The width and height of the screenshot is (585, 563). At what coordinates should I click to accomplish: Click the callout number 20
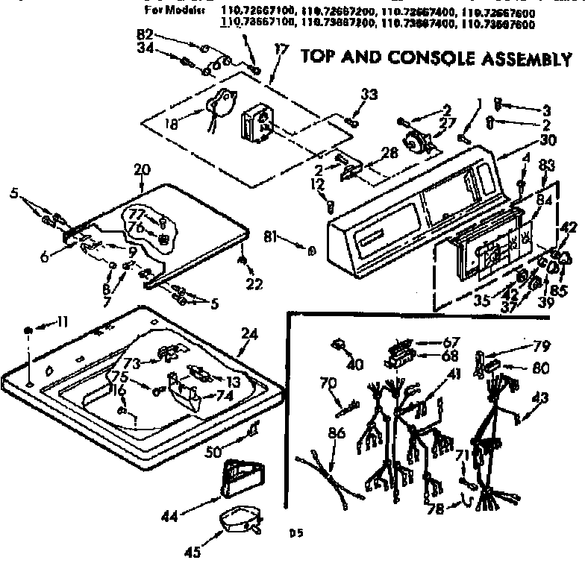click(142, 170)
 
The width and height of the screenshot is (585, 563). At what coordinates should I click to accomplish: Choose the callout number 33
click(369, 95)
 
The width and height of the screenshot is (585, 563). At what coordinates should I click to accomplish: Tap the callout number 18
click(172, 125)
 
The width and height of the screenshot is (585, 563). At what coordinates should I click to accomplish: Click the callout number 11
click(61, 322)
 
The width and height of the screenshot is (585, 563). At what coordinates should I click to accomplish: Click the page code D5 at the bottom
click(295, 533)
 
